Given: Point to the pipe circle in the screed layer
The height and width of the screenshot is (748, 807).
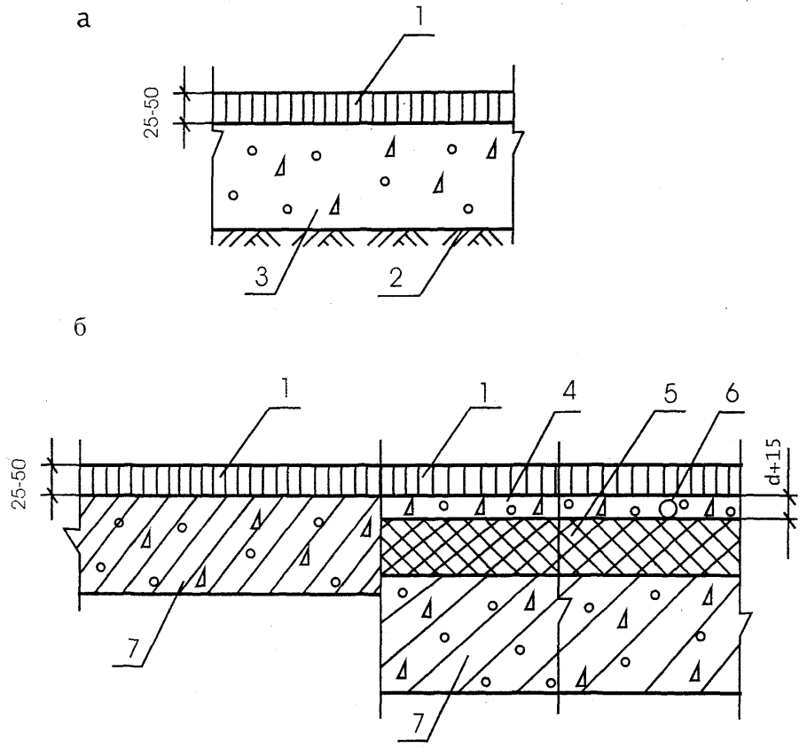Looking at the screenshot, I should (669, 509).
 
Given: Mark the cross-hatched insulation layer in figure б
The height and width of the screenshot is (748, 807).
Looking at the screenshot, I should (559, 548).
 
